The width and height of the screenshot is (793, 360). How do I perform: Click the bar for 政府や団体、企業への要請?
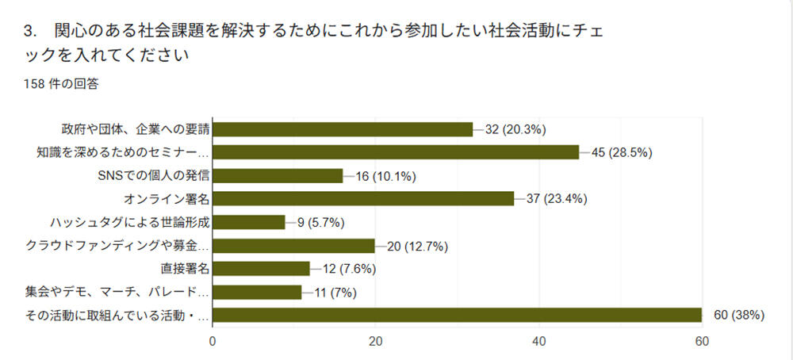pyautogui.click(x=343, y=129)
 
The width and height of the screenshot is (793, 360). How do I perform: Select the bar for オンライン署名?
pyautogui.click(x=363, y=199)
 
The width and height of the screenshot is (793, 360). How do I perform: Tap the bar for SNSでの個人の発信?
pyautogui.click(x=278, y=176)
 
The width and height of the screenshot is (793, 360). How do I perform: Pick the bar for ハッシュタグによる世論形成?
pyautogui.click(x=249, y=223)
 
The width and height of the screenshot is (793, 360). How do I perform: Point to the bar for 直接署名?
pyautogui.click(x=262, y=269)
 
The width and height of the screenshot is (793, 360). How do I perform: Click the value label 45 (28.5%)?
pyautogui.click(x=621, y=153)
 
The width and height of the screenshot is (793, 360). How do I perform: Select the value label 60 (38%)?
pyautogui.click(x=737, y=316)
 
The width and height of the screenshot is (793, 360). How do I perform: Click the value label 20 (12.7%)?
pyautogui.click(x=417, y=246)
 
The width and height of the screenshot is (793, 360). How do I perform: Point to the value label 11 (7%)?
pyautogui.click(x=335, y=293)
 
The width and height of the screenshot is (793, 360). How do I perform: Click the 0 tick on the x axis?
pyautogui.click(x=213, y=342)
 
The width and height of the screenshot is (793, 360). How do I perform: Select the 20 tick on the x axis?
pyautogui.click(x=376, y=342)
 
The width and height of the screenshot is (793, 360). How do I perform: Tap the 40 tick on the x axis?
pyautogui.click(x=539, y=342)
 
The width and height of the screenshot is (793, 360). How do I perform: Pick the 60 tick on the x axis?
pyautogui.click(x=702, y=342)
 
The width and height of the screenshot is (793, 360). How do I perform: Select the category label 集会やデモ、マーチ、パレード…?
pyautogui.click(x=117, y=293)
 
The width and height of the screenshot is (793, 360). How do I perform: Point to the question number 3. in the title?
pyautogui.click(x=32, y=33)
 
